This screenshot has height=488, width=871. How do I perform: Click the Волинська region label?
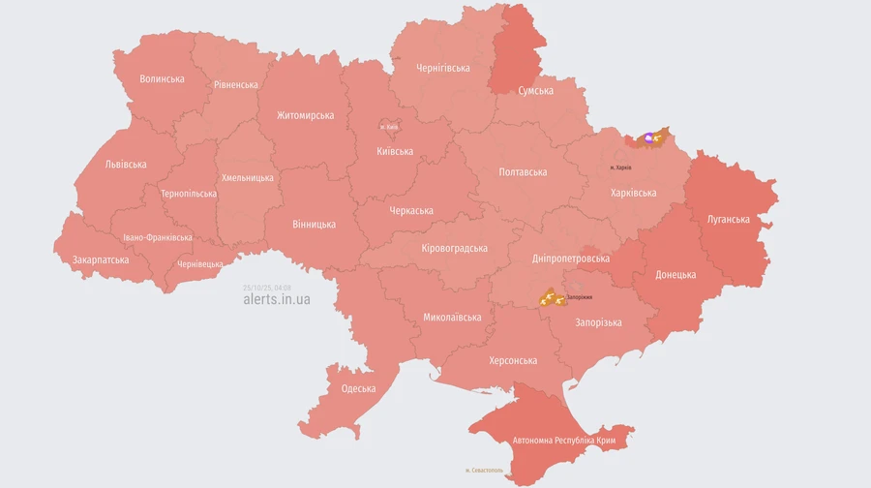(x=162, y=78)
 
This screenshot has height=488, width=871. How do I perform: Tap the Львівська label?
(x=126, y=164)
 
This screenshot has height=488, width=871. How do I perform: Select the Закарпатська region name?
(x=101, y=259)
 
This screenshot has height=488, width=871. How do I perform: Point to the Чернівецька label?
(x=200, y=264)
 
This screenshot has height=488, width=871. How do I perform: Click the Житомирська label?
(x=305, y=115)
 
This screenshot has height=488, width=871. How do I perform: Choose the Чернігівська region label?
(x=442, y=68)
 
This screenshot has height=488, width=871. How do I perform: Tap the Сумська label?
(x=535, y=90)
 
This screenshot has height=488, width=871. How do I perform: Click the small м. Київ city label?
(x=390, y=127)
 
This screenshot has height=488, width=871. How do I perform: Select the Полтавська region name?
(x=523, y=171)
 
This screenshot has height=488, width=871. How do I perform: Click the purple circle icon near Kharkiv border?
(x=648, y=137)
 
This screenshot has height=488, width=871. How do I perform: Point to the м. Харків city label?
(x=620, y=168)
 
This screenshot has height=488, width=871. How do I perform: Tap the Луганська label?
(x=728, y=219)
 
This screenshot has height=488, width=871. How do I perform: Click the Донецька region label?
(x=676, y=274)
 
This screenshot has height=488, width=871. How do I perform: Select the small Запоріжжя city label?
(x=580, y=297)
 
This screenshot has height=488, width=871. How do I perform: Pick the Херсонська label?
(x=513, y=360)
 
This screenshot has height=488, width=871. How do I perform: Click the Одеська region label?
(x=358, y=388)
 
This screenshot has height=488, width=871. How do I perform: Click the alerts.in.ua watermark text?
(x=277, y=300)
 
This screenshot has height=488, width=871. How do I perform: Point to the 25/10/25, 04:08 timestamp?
(x=268, y=288)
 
